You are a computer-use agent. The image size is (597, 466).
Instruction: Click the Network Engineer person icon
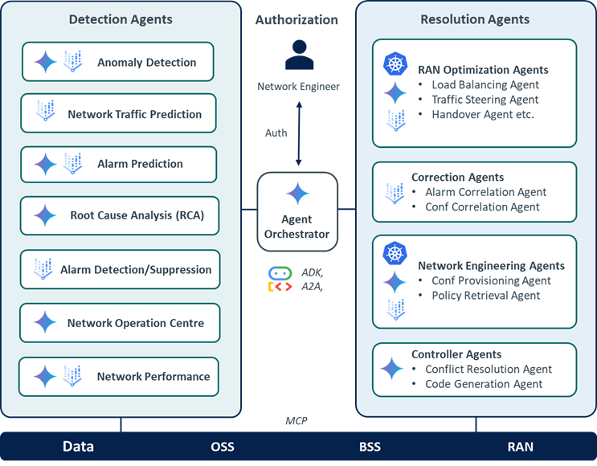pos(299,55)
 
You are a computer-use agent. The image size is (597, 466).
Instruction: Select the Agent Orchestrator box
pos(297,211)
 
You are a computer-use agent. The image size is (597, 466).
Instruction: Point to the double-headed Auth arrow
pos(299,133)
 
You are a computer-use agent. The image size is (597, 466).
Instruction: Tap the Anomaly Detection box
pos(117,62)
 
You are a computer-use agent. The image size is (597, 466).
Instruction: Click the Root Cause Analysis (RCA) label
pos(137,215)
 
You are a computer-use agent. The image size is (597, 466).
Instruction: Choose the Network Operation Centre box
pos(120,323)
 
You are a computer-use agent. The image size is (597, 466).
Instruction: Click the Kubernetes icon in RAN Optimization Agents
pos(395,64)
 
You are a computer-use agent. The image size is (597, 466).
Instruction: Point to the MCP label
pos(296,421)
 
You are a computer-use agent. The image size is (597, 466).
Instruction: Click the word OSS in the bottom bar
pos(223,447)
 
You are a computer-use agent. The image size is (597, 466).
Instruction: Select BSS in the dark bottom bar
pos(370,447)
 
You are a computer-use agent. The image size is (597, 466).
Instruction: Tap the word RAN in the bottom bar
pos(521,447)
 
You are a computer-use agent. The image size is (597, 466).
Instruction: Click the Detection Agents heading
pos(121,19)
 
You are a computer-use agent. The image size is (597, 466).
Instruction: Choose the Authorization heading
pos(296,20)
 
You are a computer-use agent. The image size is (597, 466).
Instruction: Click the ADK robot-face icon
pos(280,273)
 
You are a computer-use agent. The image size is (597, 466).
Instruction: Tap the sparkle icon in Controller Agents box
pos(392,369)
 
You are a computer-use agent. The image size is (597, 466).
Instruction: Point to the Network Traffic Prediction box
pos(118,113)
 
